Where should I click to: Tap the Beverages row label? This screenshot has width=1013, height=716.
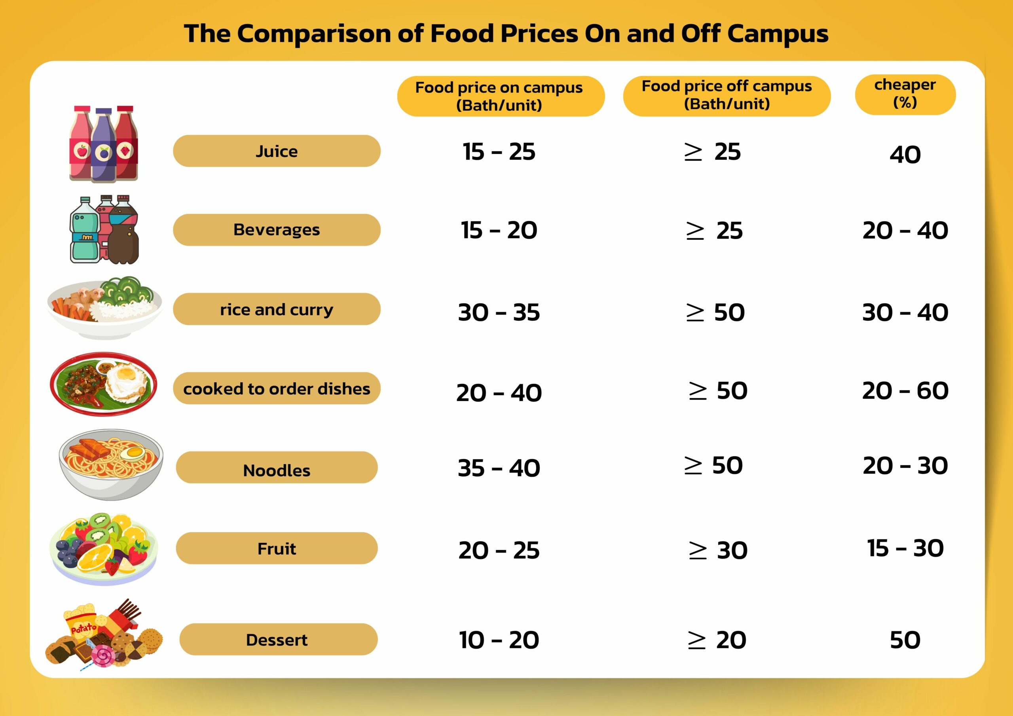(x=277, y=230)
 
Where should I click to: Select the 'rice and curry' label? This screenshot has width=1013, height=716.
(x=277, y=309)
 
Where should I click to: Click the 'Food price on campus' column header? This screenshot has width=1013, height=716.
(x=500, y=96)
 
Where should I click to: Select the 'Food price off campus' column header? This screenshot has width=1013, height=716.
(x=726, y=95)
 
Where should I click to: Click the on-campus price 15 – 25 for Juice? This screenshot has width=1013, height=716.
(x=499, y=152)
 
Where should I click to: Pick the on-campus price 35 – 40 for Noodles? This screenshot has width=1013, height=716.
(x=499, y=468)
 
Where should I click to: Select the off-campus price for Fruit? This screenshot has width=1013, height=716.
(x=718, y=551)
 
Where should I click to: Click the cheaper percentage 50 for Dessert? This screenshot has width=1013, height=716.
(x=905, y=640)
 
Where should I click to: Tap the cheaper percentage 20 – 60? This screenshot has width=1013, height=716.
(x=905, y=391)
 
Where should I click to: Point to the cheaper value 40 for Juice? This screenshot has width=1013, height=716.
(x=905, y=155)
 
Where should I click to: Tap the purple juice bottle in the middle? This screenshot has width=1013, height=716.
(x=104, y=146)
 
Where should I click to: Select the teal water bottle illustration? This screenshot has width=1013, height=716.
(x=85, y=231)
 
